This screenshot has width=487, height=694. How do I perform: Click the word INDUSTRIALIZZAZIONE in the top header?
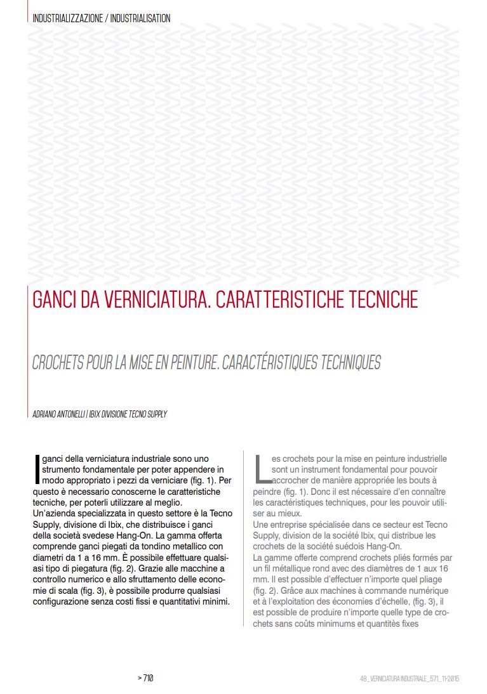[67, 18]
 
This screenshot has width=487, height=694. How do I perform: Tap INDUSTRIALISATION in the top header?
[140, 18]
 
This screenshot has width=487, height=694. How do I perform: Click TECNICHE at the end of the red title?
[382, 299]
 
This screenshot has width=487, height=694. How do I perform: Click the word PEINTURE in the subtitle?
[217, 363]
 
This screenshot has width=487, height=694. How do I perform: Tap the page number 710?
[147, 678]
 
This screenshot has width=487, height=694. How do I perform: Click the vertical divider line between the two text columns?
[244, 539]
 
